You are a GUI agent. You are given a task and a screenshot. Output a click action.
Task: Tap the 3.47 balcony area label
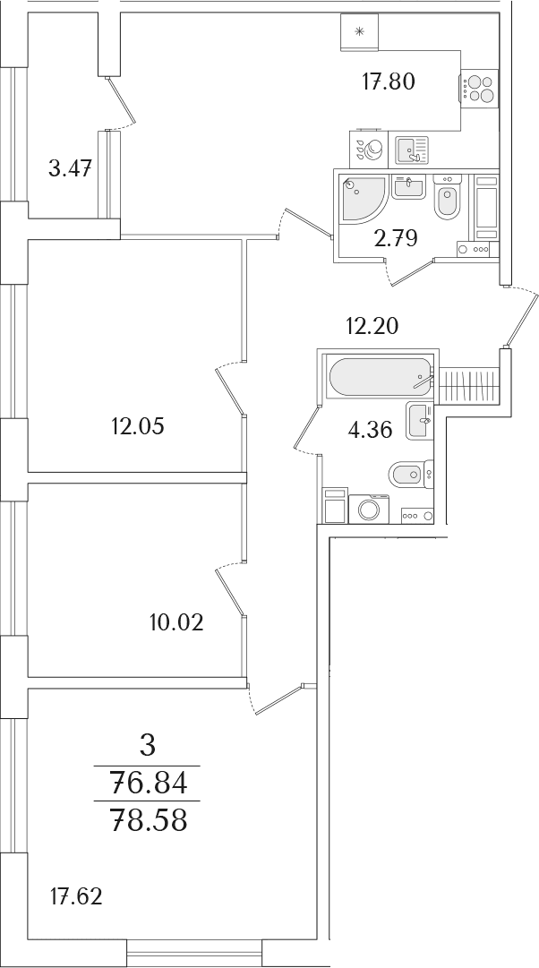pos(71,168)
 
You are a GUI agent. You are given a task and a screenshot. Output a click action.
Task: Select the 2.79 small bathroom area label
pos(396,237)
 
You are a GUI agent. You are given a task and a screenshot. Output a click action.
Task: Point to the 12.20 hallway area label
pos(372,325)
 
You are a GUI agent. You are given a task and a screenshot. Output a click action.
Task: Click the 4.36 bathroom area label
pos(371,431)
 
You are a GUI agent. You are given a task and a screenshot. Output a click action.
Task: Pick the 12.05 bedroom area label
pos(137,426)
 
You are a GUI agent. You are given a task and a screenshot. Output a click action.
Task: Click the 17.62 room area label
pos(75,895)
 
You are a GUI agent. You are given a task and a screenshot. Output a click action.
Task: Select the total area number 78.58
pos(148,821)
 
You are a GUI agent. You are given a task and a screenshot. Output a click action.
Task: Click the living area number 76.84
pos(148,784)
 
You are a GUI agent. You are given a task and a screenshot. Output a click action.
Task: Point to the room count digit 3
pos(148,748)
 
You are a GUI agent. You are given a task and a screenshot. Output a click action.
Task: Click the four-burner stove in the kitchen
pos(480,88)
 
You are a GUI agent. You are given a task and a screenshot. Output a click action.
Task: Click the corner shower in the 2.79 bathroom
pos(364,199)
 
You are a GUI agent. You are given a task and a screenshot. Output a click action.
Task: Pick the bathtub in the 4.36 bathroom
pos(381,377)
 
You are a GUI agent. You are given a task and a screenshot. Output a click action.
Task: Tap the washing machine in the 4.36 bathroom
pos(369,509)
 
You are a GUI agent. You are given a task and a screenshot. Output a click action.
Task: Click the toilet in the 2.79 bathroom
pos(447,197)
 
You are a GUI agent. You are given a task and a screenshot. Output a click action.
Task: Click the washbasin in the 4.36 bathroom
pos(420,420)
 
